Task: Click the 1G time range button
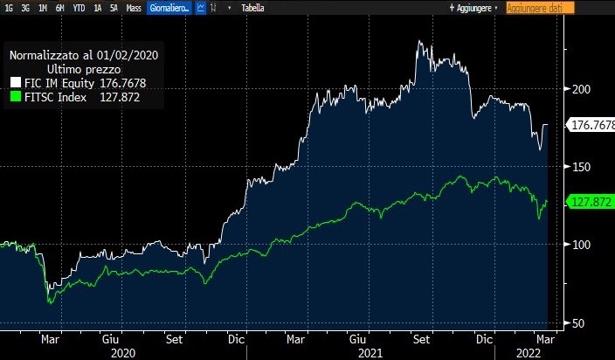(8, 7)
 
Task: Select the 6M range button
(59, 7)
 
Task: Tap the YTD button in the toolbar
(79, 7)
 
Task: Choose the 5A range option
(113, 7)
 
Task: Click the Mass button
(134, 7)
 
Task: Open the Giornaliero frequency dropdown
(173, 7)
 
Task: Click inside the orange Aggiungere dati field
(540, 7)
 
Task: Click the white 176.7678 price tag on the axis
(591, 125)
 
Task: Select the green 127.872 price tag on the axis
(589, 202)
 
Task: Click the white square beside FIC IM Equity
(15, 83)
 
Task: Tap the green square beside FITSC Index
(15, 97)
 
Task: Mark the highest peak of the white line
(419, 41)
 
